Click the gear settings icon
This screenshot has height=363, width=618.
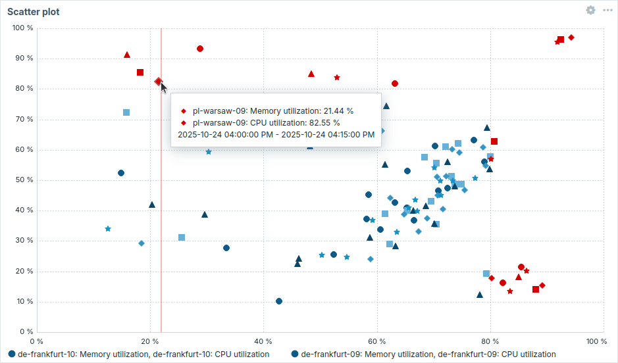coord(590,11)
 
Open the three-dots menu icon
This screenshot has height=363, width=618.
coord(607,11)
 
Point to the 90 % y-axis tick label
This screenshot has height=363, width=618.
coord(23,59)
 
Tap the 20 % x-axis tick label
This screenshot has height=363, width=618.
coord(151,341)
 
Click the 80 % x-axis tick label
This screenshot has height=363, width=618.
coord(490,341)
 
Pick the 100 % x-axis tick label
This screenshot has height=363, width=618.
coord(596,341)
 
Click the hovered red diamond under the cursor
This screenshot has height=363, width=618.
coord(158,82)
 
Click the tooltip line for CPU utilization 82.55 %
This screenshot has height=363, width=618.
coord(262,122)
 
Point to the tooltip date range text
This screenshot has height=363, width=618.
coord(276,134)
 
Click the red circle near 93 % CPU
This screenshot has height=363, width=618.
coord(200,49)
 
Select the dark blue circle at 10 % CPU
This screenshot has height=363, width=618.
coord(279,301)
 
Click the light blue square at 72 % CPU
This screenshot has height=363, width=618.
coord(126,112)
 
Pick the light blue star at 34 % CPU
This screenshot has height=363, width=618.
coord(108,229)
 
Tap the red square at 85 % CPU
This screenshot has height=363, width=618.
coord(140,72)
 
